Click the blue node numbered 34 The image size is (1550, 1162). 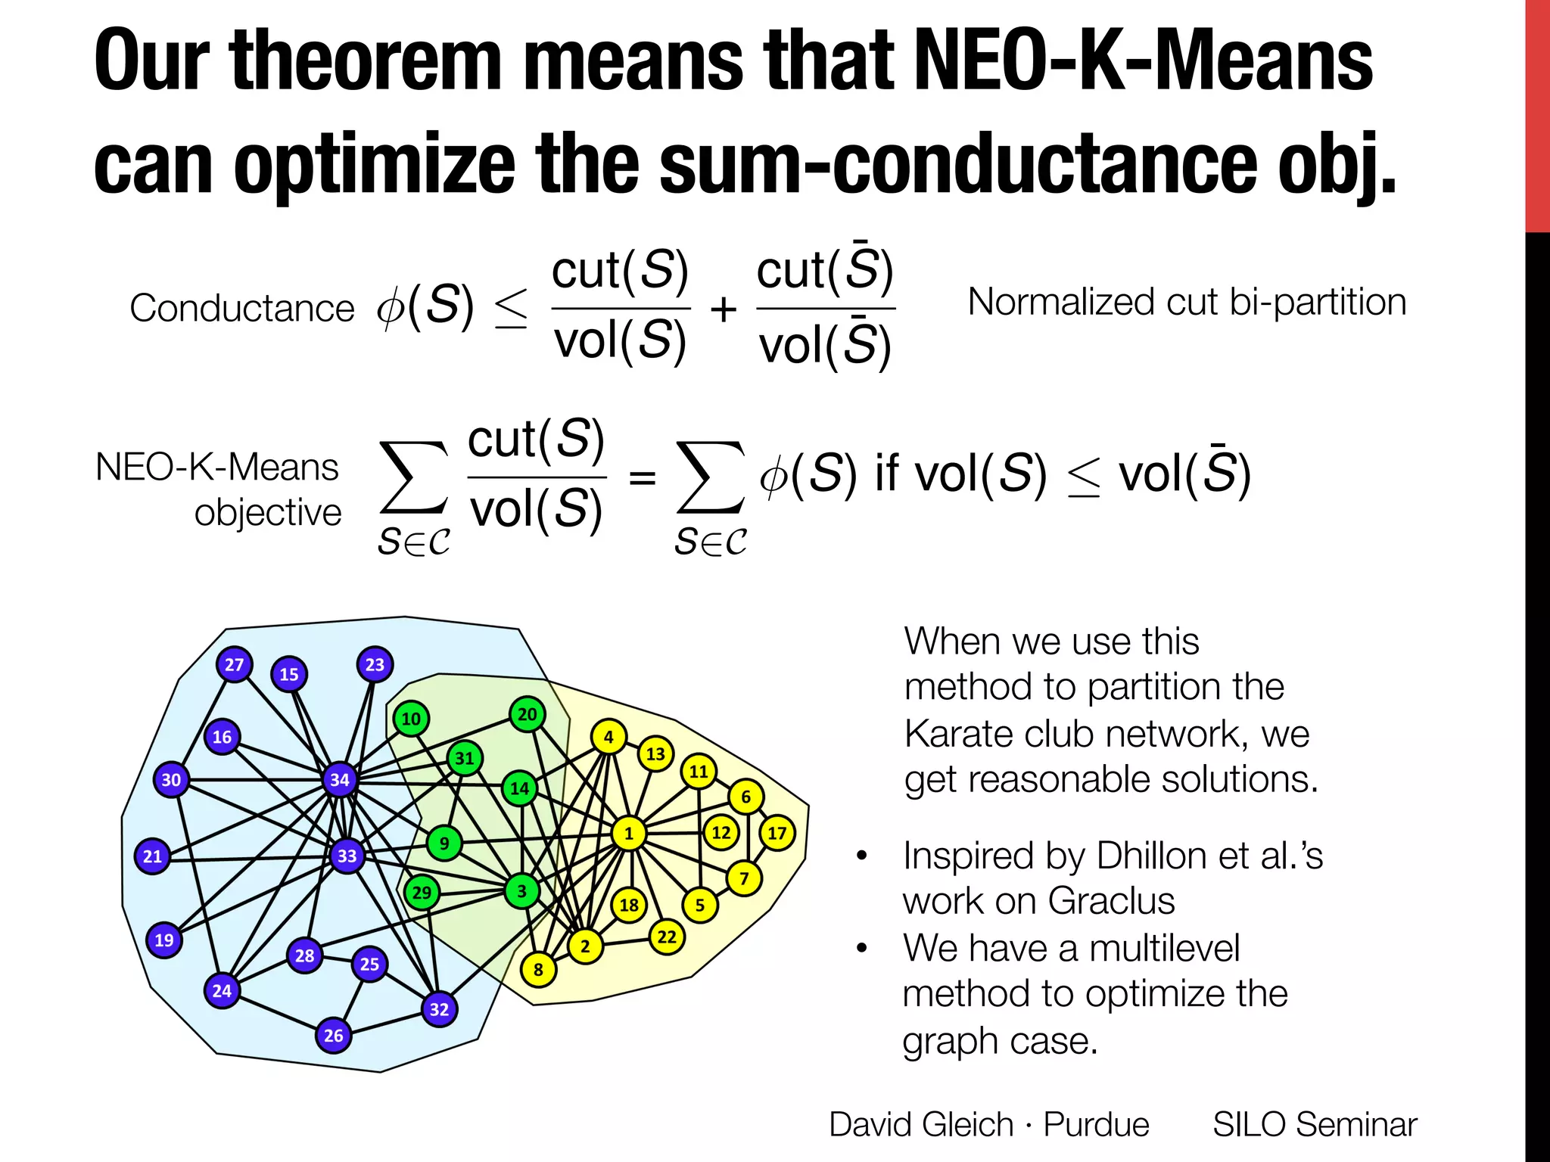coord(340,780)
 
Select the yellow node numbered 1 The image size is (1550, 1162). coord(628,834)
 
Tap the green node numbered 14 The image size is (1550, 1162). coord(519,788)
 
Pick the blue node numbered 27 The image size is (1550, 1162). coord(234,665)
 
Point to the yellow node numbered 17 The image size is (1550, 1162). coord(777,834)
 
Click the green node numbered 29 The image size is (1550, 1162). coord(422,893)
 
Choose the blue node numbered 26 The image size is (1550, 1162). coord(334,1036)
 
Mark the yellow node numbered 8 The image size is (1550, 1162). coord(538,970)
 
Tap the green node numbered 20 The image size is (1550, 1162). coord(528,714)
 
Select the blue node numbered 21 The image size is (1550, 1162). coord(153,856)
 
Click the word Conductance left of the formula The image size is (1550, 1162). coord(242,309)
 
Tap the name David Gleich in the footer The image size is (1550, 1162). coord(921,1124)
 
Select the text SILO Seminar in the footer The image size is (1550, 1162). coord(1315,1124)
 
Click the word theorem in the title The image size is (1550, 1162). coord(365,61)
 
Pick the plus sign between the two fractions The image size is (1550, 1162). coord(724,309)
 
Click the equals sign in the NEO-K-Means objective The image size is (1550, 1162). coord(642,477)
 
